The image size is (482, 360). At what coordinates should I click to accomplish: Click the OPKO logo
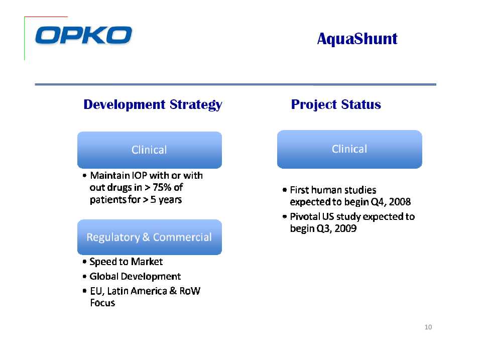tap(84, 35)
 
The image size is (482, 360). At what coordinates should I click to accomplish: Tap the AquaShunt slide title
tap(357, 39)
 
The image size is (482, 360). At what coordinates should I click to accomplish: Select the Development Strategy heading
tap(153, 105)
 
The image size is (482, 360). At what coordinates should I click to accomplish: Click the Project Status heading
tap(336, 104)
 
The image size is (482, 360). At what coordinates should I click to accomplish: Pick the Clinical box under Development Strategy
tap(150, 150)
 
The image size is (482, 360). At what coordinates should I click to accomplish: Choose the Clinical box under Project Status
tap(349, 150)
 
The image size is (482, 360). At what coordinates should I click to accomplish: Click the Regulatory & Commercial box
tap(150, 237)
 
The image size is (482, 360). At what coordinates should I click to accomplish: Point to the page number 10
tap(428, 327)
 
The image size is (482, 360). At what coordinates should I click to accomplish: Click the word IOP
tap(139, 175)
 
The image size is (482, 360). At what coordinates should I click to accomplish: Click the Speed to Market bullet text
tap(126, 262)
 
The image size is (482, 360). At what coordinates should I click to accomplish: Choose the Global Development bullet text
tap(135, 276)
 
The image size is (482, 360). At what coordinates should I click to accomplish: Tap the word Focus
tap(102, 303)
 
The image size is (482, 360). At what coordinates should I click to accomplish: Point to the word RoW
tap(190, 291)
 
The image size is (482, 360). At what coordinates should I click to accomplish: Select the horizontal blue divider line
tap(235, 84)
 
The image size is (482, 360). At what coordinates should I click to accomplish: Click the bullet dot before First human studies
tap(284, 190)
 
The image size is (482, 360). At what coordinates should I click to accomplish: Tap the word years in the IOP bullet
tap(170, 200)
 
